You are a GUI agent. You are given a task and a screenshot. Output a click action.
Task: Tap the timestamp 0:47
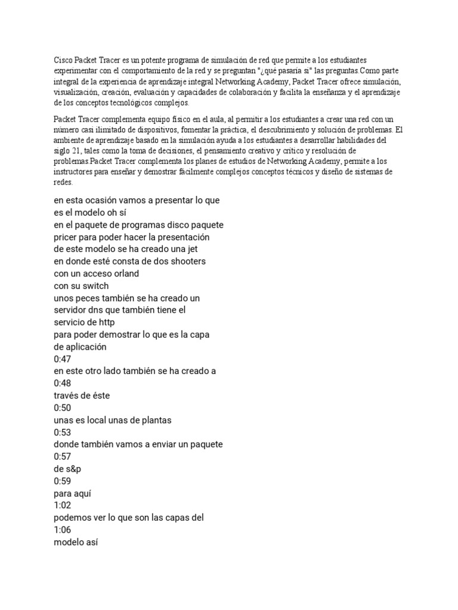tap(62, 359)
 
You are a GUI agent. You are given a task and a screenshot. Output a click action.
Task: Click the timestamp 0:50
tap(62, 407)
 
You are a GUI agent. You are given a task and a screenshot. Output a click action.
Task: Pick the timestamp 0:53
tap(62, 432)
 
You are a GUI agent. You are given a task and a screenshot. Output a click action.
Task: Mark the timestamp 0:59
tap(62, 481)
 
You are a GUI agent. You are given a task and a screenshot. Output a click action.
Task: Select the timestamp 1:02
tap(62, 505)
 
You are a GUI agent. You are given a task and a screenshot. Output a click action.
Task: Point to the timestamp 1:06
tap(62, 530)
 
